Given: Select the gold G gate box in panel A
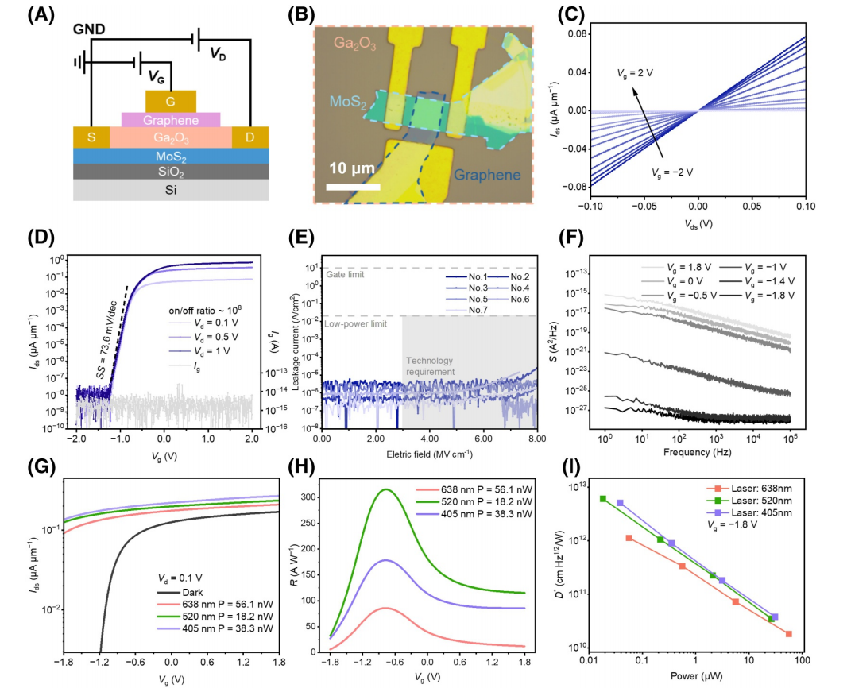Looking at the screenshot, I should click(171, 101).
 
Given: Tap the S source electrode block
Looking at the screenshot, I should click(91, 137).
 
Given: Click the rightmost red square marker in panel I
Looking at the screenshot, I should click(789, 634).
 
